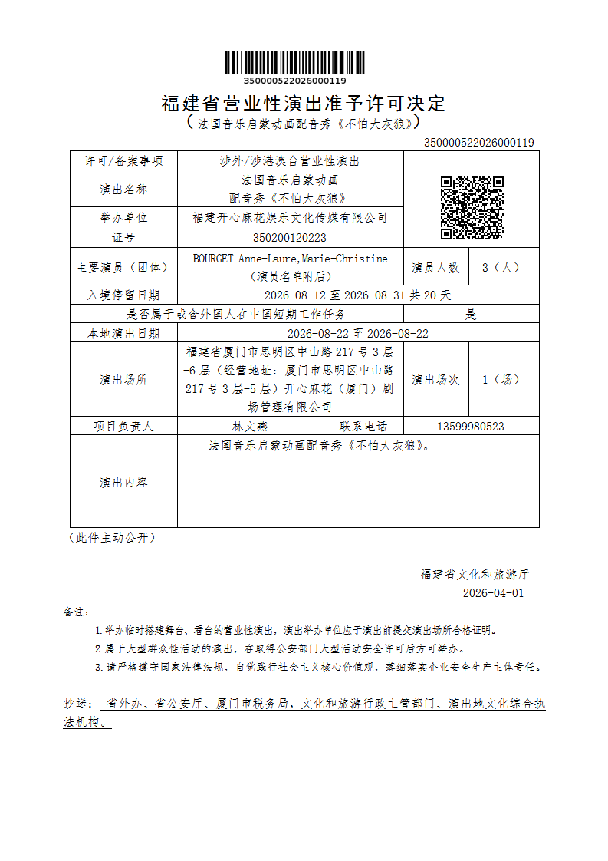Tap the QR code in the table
[x=472, y=207]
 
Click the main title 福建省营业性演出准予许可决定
[x=303, y=104]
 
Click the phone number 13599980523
[x=471, y=427]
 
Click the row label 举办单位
[x=123, y=218]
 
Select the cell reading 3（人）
[x=501, y=268]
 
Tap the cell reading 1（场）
[x=501, y=379]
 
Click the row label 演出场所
[x=123, y=379]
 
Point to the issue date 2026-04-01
[x=493, y=593]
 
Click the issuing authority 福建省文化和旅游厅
[x=474, y=574]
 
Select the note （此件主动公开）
[x=112, y=538]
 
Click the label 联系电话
[x=364, y=427]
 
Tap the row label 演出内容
[x=123, y=482]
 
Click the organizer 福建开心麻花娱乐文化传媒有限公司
[x=290, y=218]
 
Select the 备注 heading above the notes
[x=76, y=612]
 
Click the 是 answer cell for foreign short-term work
[x=471, y=314]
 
